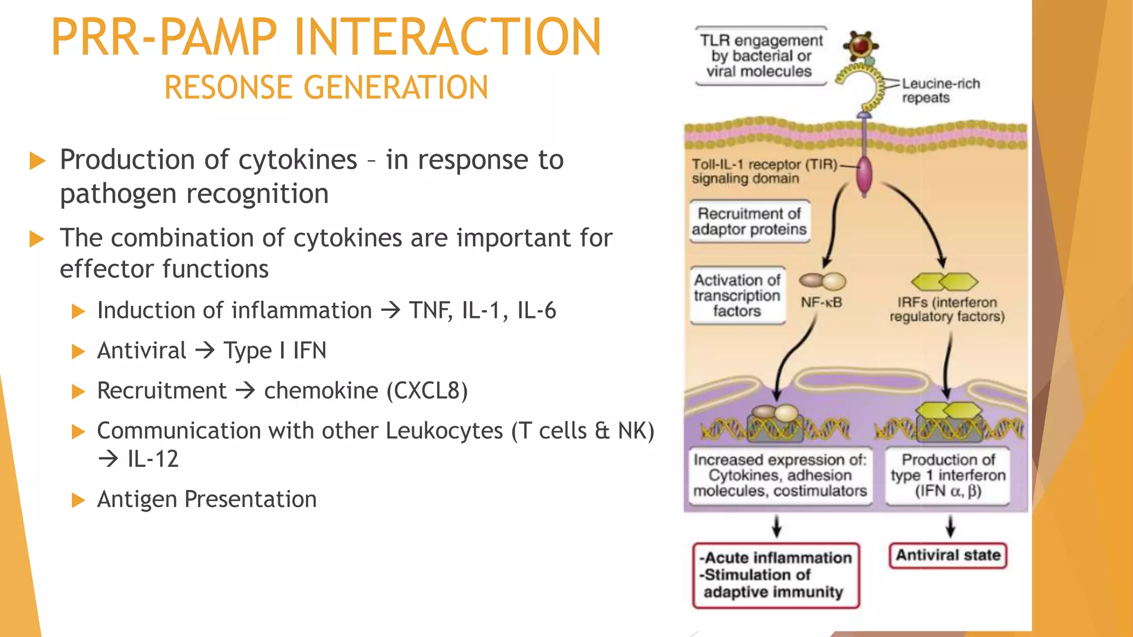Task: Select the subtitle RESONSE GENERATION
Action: tap(326, 88)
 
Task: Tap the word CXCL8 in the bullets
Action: tap(427, 391)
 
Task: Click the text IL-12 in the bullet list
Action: tap(153, 459)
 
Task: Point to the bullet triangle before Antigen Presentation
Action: tap(79, 500)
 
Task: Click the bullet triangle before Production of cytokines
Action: tap(37, 161)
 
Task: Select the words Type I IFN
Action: tap(275, 351)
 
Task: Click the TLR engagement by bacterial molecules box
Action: tap(761, 56)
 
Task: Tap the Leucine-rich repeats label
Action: tap(940, 91)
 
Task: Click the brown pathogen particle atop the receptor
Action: tap(861, 45)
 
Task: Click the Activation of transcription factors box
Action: tap(737, 296)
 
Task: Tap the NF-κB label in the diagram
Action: tap(822, 303)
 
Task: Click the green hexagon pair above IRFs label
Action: tap(944, 282)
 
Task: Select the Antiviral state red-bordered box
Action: tap(948, 555)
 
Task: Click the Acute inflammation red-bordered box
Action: tap(776, 575)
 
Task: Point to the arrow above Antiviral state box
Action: tap(950, 526)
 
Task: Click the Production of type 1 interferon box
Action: tap(948, 476)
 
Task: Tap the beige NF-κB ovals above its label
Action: tap(823, 281)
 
